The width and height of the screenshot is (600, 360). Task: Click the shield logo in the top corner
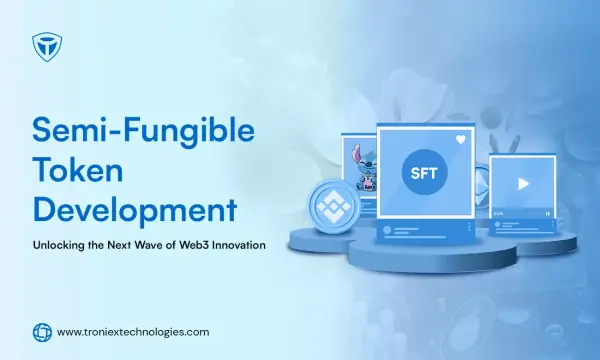pyautogui.click(x=47, y=47)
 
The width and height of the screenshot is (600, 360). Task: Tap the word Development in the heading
pyautogui.click(x=135, y=210)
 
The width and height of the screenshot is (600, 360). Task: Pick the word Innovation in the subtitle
pyautogui.click(x=239, y=245)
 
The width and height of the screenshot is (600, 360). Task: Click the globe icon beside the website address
pyautogui.click(x=42, y=332)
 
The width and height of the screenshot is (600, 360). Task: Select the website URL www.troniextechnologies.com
pyautogui.click(x=133, y=332)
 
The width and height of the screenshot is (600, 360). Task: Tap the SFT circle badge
pyautogui.click(x=424, y=173)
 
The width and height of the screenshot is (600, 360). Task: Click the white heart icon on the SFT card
pyautogui.click(x=461, y=140)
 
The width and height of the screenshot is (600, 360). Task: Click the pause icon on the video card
pyautogui.click(x=548, y=213)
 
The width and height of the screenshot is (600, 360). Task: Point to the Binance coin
pyautogui.click(x=334, y=206)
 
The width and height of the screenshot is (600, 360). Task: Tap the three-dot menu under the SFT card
pyautogui.click(x=469, y=227)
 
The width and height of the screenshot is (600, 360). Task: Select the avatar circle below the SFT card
pyautogui.click(x=387, y=230)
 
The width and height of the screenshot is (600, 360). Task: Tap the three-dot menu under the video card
pyautogui.click(x=552, y=225)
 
